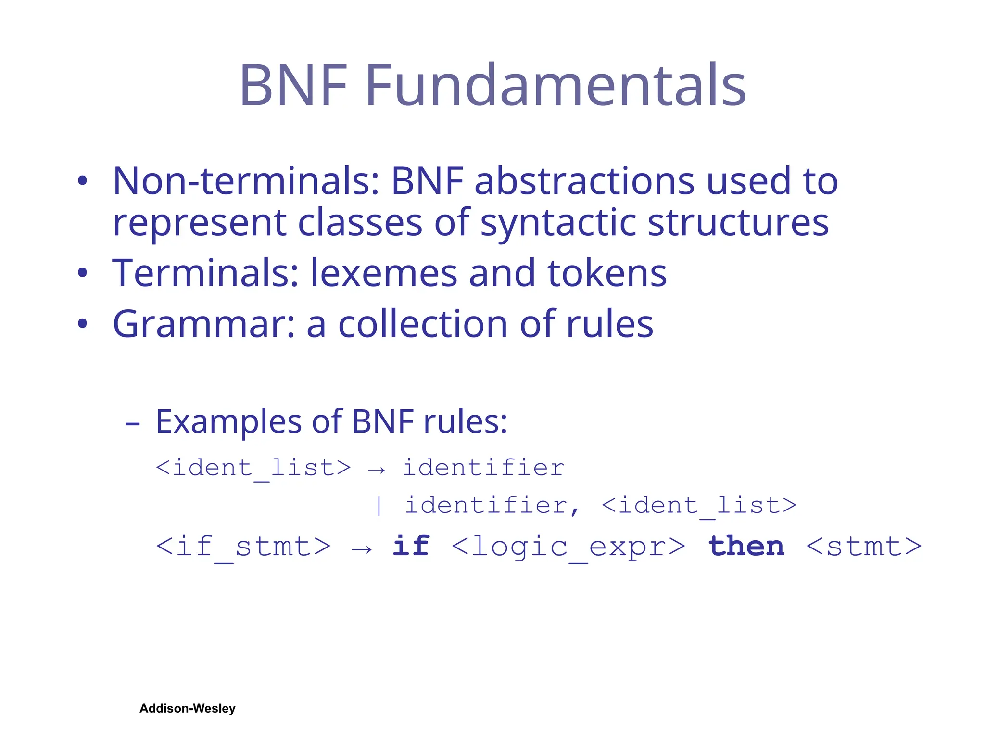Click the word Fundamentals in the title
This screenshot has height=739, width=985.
[556, 85]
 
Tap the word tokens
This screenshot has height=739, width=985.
[607, 273]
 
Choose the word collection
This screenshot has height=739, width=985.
[423, 324]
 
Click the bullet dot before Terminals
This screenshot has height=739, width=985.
[83, 273]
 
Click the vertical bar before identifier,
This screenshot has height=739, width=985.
[379, 506]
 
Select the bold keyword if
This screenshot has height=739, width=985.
[411, 546]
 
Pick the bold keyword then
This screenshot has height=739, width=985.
[746, 546]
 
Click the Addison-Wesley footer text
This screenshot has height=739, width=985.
[188, 708]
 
